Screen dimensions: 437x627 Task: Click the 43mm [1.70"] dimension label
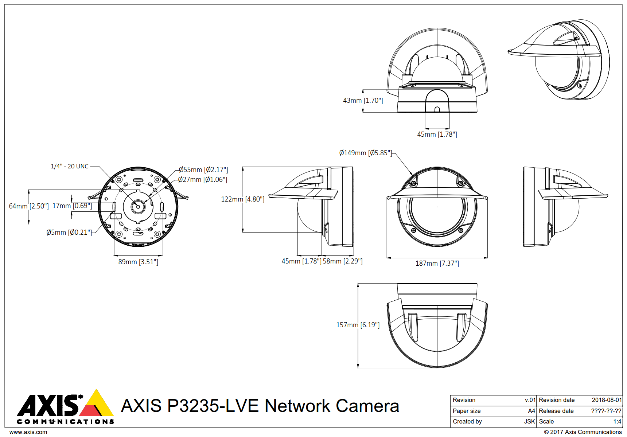(362, 100)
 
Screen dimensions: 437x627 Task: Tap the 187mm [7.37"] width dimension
(437, 263)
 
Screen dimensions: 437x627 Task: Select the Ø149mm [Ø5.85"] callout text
(365, 153)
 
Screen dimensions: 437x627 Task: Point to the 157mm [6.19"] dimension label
(358, 325)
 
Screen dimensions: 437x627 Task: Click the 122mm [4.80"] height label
(243, 199)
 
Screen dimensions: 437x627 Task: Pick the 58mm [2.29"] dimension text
(343, 261)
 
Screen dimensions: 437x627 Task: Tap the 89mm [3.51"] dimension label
(138, 262)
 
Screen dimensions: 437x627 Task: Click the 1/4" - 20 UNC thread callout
(69, 166)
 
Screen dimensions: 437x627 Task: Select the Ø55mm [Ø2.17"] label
(203, 169)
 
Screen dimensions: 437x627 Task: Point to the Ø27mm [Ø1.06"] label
(203, 179)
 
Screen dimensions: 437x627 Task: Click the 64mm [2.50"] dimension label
(29, 206)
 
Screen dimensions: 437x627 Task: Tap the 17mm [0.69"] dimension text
(72, 206)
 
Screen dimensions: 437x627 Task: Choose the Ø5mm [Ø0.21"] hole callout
(69, 232)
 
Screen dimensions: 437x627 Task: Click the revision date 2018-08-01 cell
(607, 400)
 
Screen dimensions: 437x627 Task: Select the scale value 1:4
(617, 421)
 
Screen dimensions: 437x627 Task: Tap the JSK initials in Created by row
(529, 421)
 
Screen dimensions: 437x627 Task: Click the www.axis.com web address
(28, 432)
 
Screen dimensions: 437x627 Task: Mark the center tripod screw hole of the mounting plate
(138, 207)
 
